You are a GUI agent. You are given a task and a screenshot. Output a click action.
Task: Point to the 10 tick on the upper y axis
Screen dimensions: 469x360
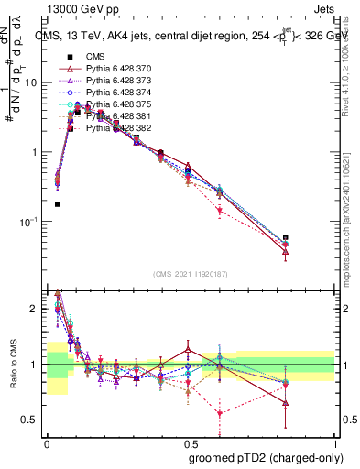click(34, 82)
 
